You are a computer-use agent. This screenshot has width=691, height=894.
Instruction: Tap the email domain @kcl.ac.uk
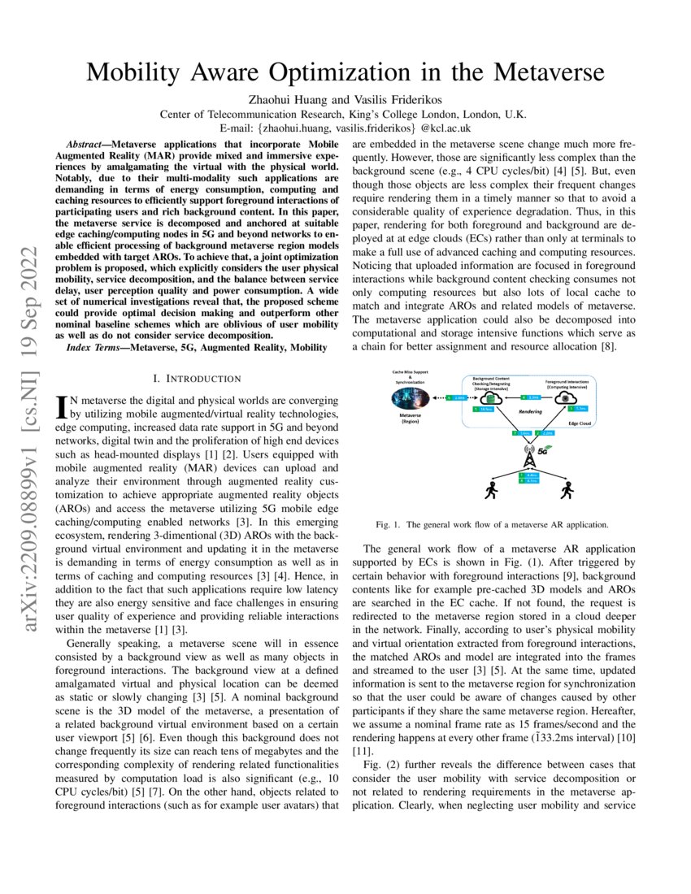[445, 128]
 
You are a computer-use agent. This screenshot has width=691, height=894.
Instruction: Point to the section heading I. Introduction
[197, 379]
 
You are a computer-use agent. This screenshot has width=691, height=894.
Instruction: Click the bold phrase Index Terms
[94, 348]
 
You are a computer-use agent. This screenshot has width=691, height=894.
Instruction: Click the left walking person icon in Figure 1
[490, 490]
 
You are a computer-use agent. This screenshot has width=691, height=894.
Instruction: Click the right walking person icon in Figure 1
[567, 490]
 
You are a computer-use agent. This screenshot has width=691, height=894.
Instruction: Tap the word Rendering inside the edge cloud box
[529, 412]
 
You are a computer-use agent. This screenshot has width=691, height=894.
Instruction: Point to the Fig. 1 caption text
[492, 524]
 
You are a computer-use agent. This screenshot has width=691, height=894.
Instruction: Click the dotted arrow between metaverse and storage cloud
[455, 397]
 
